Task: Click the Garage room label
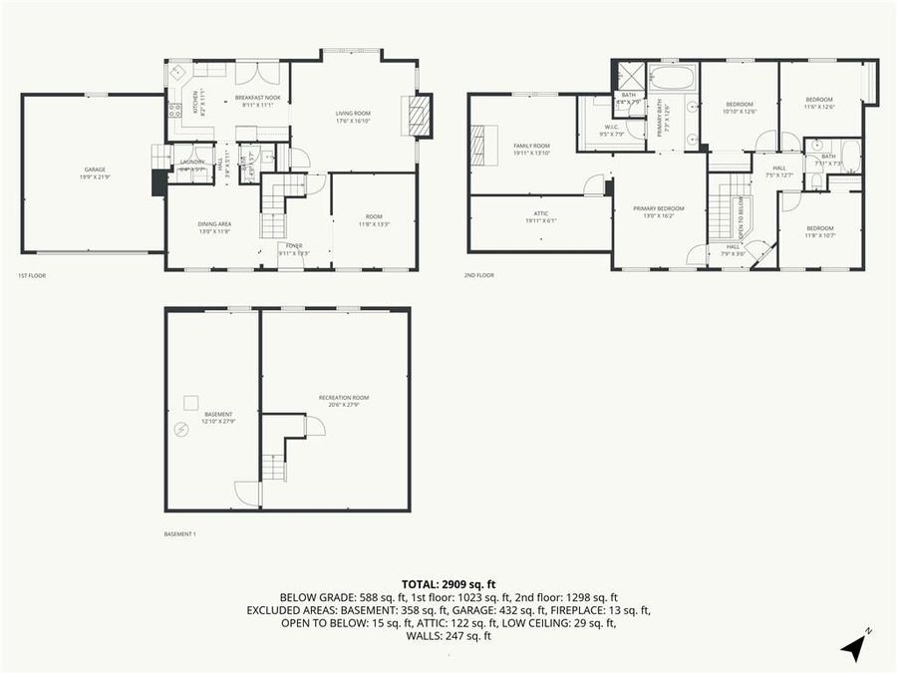(95, 171)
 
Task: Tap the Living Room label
(353, 117)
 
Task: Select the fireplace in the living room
(423, 115)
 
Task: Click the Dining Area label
(214, 226)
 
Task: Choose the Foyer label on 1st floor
(294, 247)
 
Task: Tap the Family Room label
(531, 148)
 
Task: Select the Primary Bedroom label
(659, 211)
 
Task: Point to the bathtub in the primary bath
(673, 77)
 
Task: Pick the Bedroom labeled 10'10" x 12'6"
(739, 107)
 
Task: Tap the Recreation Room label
(337, 401)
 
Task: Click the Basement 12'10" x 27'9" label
(217, 417)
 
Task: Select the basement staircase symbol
(274, 466)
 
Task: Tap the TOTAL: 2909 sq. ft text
(448, 583)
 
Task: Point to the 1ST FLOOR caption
(32, 275)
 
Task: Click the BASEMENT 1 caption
(179, 534)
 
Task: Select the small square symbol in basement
(189, 404)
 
